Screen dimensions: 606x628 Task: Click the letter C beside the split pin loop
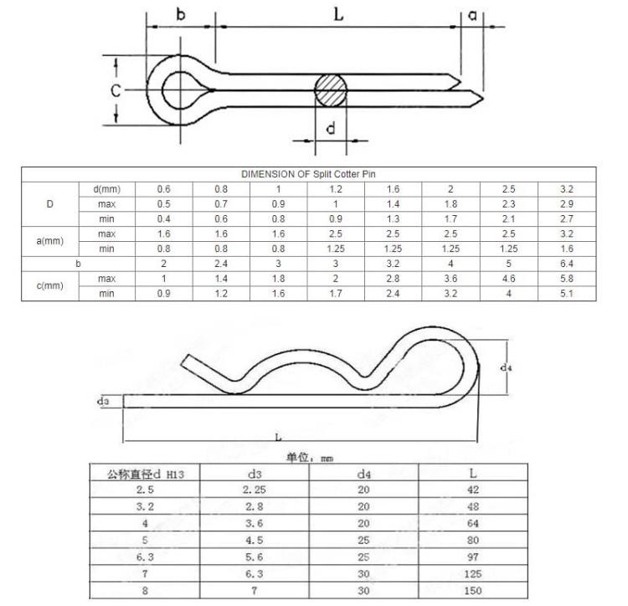pos(116,90)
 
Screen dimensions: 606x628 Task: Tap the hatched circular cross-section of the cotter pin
pos(331,90)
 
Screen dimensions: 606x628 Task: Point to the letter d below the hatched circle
pos(331,128)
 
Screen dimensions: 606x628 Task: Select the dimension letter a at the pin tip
pos(473,14)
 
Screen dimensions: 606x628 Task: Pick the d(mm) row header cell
pos(106,189)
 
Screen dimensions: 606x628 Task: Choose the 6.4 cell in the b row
pos(566,263)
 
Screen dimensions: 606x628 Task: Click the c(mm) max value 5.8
pos(566,278)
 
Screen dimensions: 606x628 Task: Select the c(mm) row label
pos(49,285)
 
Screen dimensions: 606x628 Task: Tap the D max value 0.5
pos(164,204)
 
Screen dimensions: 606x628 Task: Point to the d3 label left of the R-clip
pos(103,401)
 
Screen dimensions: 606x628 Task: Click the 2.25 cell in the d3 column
pos(255,489)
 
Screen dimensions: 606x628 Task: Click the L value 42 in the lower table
pos(473,489)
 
